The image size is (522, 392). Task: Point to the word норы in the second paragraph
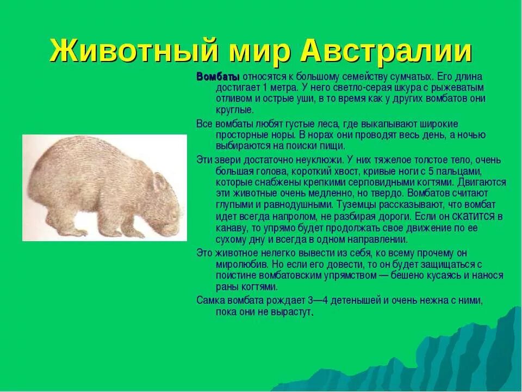283,134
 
